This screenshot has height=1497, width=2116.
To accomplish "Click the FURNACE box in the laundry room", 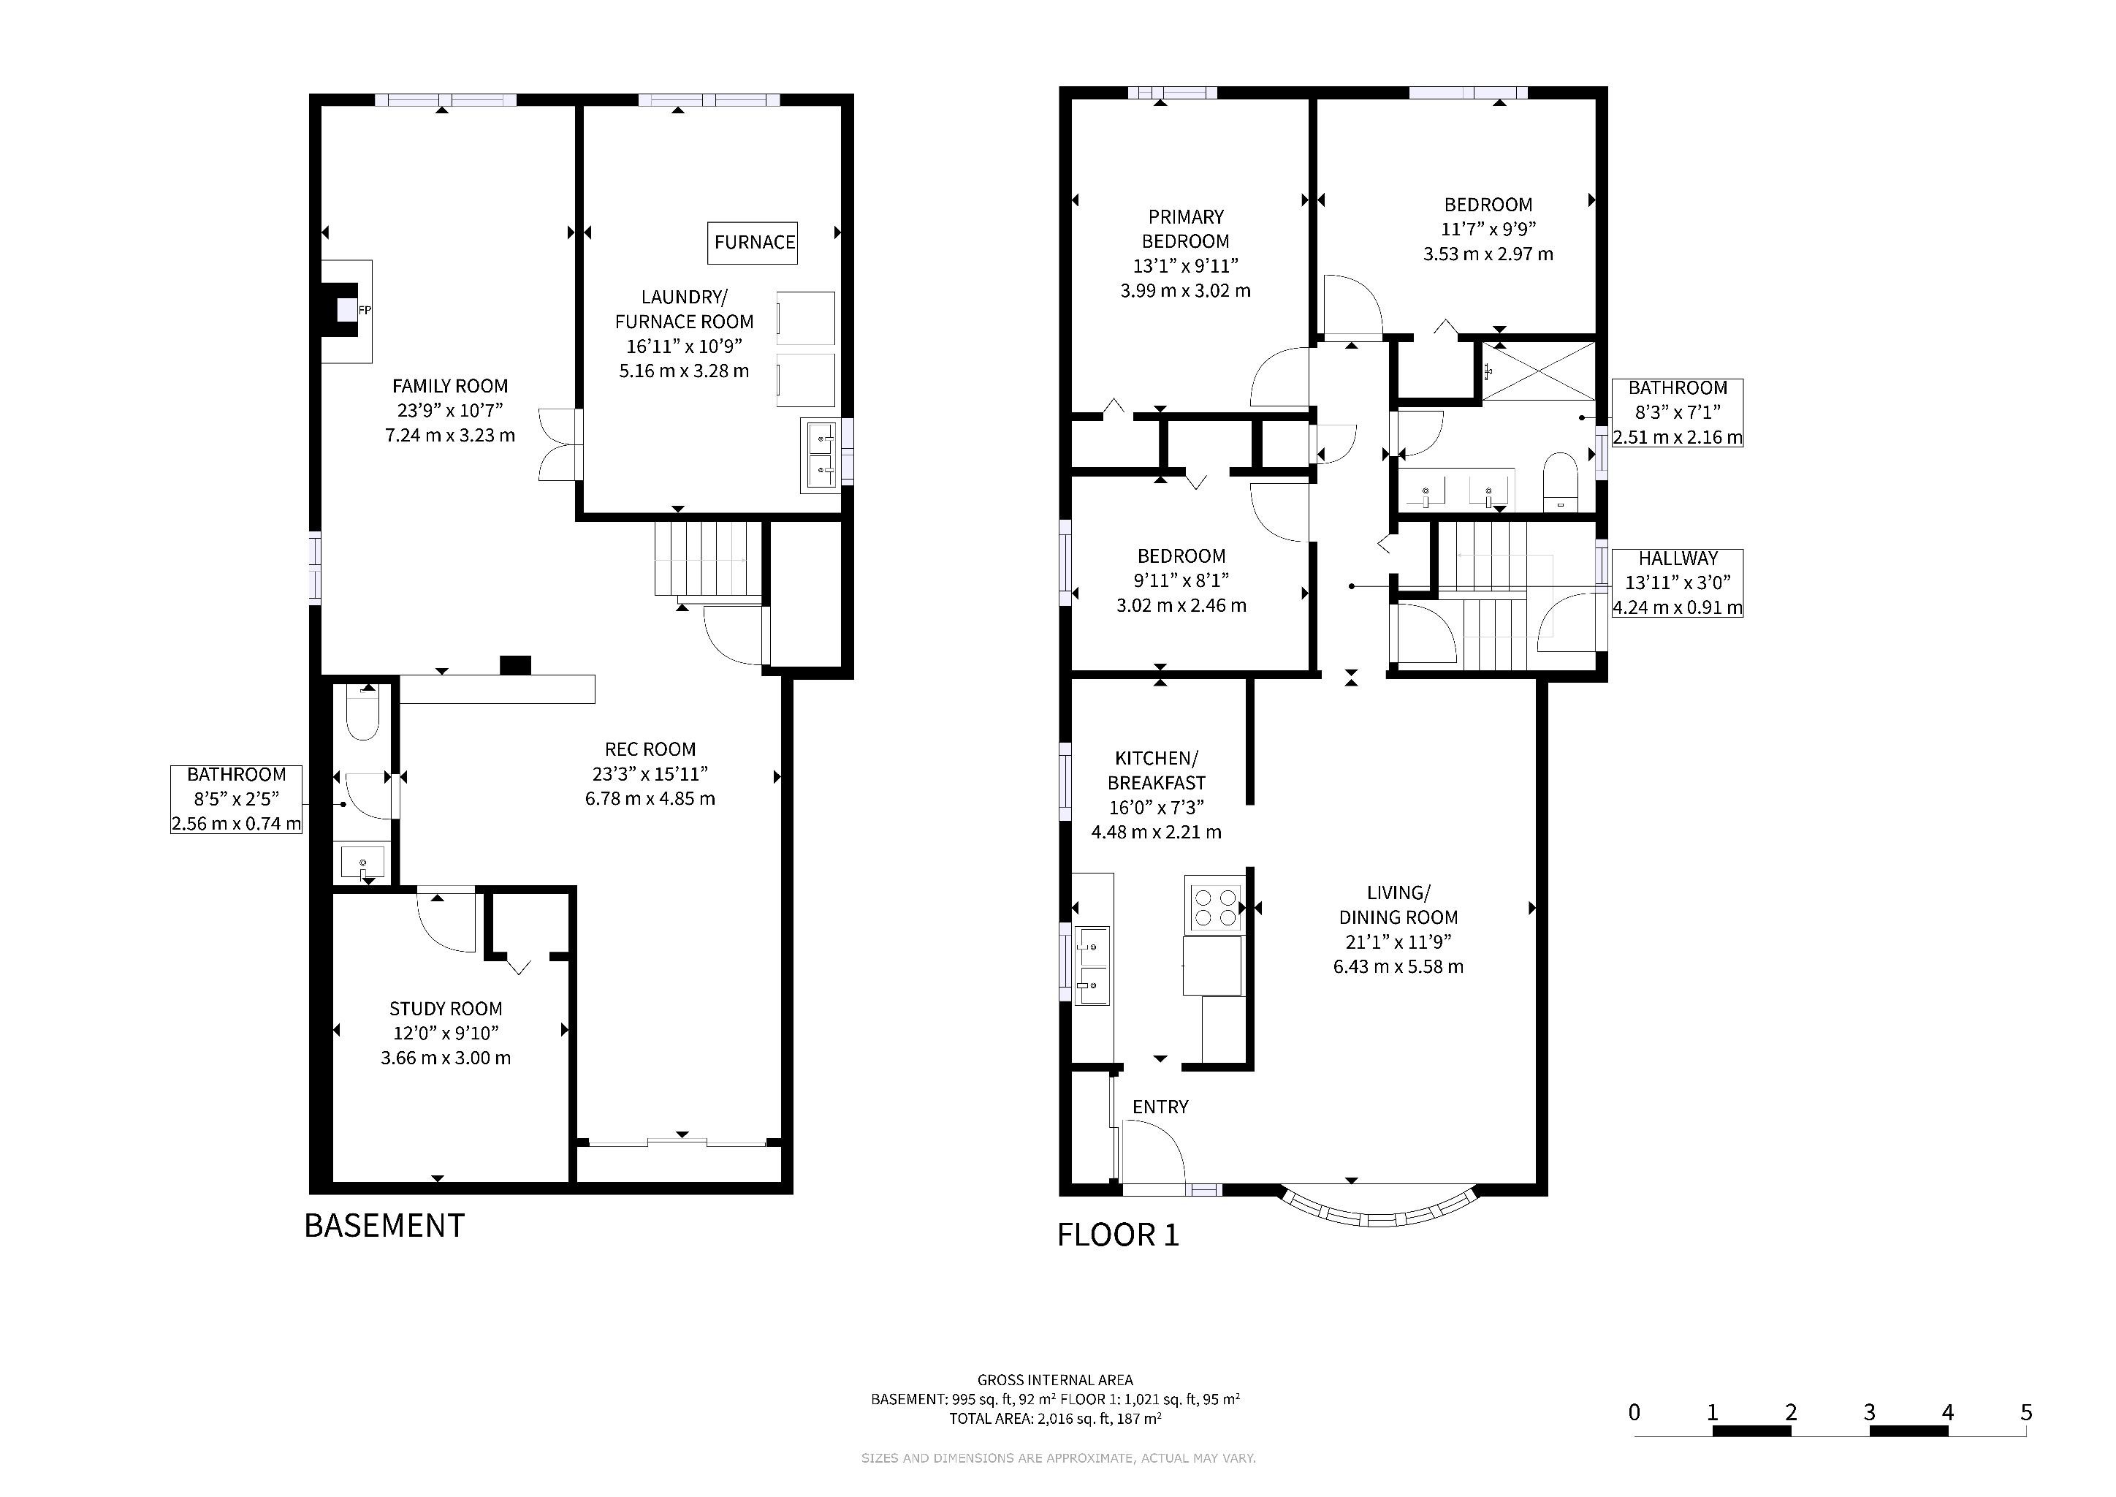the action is click(754, 243).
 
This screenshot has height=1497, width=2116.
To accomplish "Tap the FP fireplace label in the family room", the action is click(364, 311).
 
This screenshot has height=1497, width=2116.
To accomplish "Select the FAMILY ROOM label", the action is click(450, 386).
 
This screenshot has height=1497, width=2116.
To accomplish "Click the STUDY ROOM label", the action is click(445, 1009).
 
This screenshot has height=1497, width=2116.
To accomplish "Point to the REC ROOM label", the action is click(650, 749).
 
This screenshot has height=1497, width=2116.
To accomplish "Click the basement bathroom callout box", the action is click(237, 799).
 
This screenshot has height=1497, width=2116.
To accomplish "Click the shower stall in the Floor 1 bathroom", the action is click(1538, 371).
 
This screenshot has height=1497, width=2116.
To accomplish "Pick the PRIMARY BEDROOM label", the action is click(1185, 229).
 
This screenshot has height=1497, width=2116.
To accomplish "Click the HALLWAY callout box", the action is click(1678, 583).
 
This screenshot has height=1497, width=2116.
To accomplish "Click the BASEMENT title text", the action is click(384, 1226).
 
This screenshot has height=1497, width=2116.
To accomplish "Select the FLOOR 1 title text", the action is click(1118, 1235).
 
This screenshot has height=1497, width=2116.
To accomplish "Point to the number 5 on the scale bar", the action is click(2025, 1412).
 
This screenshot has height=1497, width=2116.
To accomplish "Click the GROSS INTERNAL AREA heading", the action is click(1055, 1381).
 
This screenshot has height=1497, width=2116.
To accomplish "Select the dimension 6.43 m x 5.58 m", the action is click(1398, 967).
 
